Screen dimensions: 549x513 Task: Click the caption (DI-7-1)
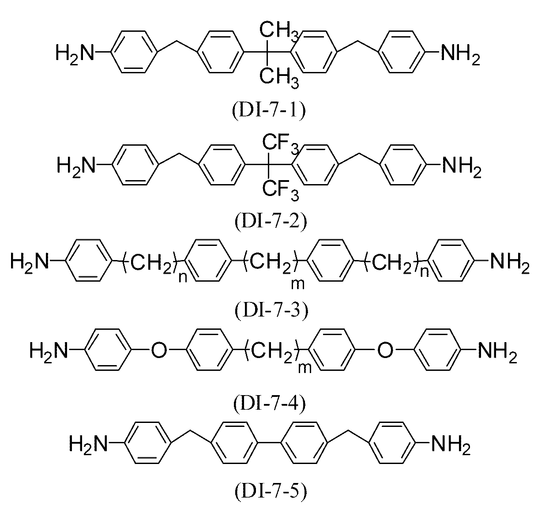pos(269,111)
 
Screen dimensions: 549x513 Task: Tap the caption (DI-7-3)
pos(271,311)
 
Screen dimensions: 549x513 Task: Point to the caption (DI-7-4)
pos(270,404)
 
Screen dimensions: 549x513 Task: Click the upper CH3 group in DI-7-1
pos(279,32)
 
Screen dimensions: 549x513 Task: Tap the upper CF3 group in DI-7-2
pos(280,145)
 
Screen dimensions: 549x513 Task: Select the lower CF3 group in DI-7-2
pos(280,191)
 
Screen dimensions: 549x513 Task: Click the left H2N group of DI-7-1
pos(75,54)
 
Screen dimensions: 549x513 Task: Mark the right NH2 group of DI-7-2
pos(462,167)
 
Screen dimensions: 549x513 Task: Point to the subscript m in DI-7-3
pos(298,284)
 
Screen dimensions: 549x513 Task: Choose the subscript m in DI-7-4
pos(305,368)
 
